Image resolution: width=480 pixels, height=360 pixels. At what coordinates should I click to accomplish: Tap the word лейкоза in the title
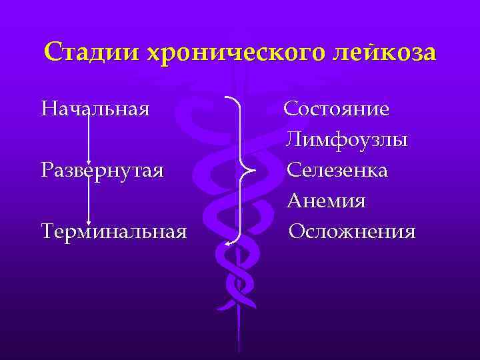[x=381, y=52]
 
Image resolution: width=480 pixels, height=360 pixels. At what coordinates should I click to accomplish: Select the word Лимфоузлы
[x=347, y=140]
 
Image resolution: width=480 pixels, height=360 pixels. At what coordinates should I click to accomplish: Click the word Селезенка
[x=337, y=170]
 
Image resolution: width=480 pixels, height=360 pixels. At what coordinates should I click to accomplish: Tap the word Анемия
[x=326, y=201]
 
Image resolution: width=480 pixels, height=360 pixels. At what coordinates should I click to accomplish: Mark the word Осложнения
[x=352, y=231]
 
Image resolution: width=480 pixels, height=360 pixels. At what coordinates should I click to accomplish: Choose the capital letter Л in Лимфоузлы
[x=292, y=140]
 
